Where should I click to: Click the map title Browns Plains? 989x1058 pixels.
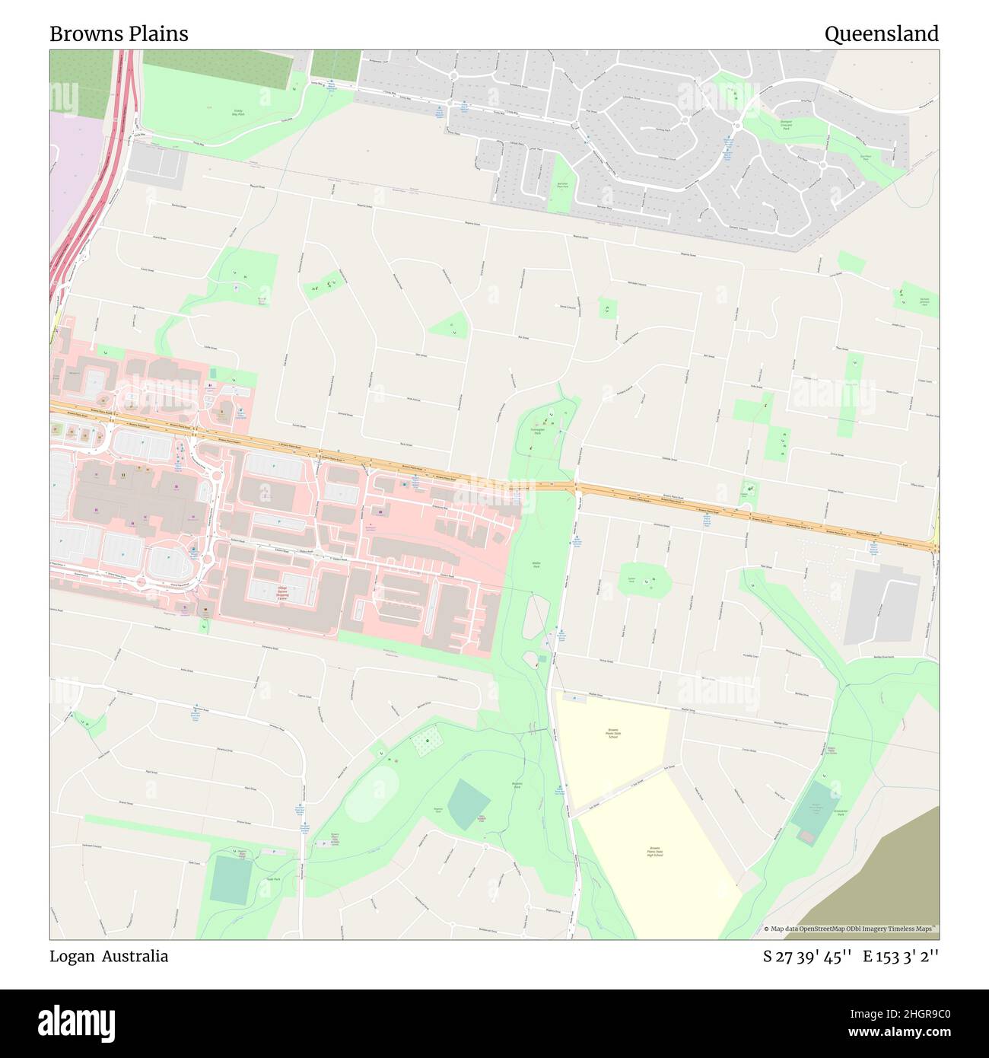coord(119,34)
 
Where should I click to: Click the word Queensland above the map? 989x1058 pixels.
coord(881,34)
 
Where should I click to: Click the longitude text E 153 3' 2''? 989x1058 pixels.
coord(900,957)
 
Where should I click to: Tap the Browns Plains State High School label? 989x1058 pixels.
coord(654,851)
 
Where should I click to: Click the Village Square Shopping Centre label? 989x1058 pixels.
coord(282,593)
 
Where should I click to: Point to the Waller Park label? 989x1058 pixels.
coord(536,565)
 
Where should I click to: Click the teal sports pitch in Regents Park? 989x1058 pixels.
coord(469,804)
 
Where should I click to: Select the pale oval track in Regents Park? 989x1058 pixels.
coord(371,792)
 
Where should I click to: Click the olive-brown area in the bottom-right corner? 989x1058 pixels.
coord(890,883)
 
